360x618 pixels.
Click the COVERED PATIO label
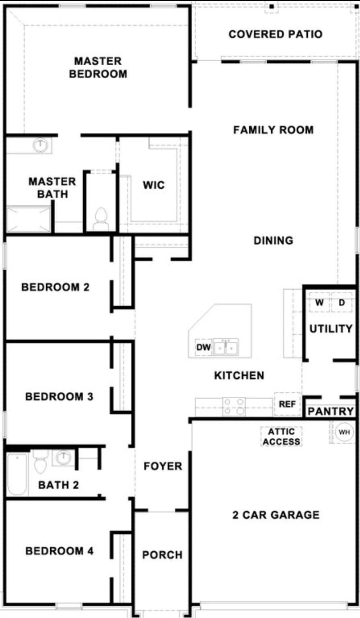276,34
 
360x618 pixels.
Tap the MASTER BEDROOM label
98,68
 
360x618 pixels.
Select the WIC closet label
153,185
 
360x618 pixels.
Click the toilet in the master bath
101,219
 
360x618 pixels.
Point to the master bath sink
40,145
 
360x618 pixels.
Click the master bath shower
29,219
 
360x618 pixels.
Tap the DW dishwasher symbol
204,347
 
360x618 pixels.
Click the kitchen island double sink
226,347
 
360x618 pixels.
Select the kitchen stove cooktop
234,406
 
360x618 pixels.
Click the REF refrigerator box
287,404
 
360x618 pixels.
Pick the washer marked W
319,303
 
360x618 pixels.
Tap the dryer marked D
341,303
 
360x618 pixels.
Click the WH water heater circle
344,432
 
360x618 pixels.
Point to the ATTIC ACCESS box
282,437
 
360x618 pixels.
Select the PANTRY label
331,411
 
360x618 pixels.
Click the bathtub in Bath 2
17,474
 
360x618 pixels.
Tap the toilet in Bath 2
40,463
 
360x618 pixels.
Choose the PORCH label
162,555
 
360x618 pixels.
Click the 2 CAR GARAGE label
276,515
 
